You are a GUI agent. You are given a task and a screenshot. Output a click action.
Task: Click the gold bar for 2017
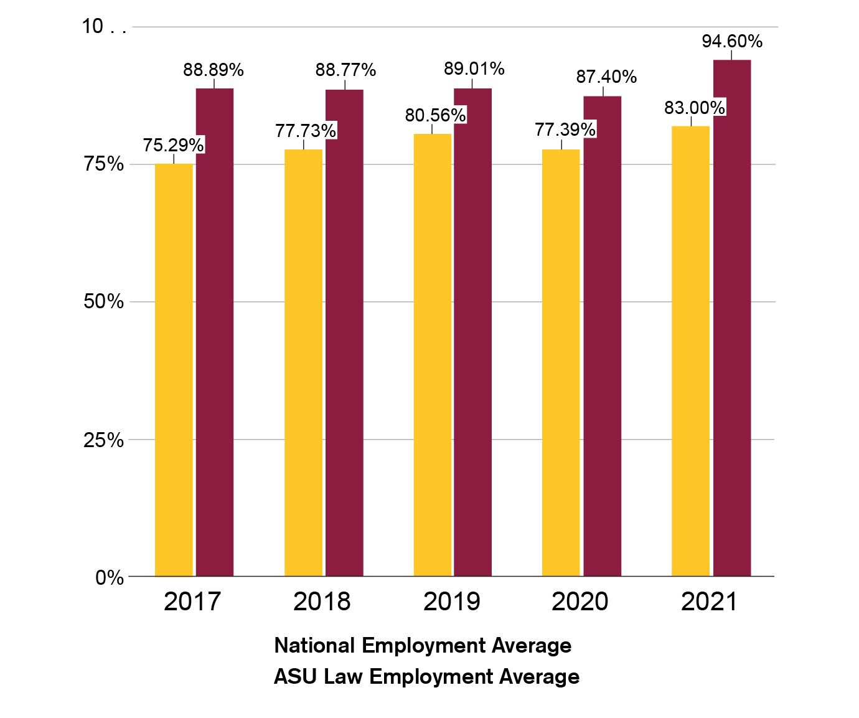tap(174, 370)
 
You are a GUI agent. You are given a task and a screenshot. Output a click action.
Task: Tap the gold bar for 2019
tap(433, 355)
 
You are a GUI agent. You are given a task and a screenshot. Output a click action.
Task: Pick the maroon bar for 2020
tap(602, 336)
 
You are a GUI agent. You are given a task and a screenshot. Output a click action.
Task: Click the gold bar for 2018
tap(304, 362)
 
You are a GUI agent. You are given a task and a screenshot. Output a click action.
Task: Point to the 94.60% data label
tap(732, 42)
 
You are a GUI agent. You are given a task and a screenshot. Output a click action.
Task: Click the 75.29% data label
tap(174, 146)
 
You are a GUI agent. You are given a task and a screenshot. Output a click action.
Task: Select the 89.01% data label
tap(474, 68)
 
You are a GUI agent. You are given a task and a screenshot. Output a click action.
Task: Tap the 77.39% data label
tap(565, 130)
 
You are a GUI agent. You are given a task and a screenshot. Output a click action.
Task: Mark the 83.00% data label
tap(695, 108)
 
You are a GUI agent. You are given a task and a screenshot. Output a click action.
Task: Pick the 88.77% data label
tap(345, 70)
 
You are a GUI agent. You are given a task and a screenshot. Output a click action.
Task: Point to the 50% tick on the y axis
tap(103, 302)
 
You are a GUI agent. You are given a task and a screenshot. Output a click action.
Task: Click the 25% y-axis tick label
tap(103, 440)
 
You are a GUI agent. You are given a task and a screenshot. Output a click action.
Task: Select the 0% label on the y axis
tap(110, 578)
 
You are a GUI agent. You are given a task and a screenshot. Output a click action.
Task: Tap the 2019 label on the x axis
tap(452, 602)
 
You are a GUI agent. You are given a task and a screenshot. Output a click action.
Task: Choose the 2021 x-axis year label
tap(709, 602)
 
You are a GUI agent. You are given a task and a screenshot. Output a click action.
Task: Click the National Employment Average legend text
tap(423, 646)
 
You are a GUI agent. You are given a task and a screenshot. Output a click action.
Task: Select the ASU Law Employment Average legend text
tap(427, 677)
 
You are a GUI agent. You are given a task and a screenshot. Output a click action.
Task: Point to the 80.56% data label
tap(436, 115)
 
